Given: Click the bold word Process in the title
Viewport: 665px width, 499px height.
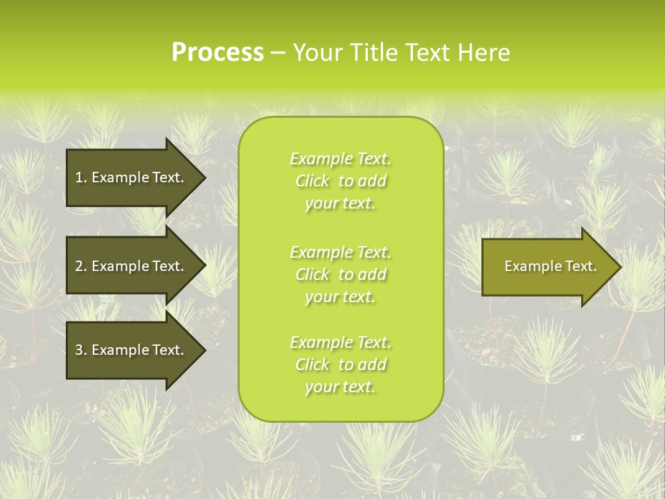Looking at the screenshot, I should pos(218,53).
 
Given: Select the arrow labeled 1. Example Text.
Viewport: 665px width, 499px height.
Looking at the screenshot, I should pos(132,177).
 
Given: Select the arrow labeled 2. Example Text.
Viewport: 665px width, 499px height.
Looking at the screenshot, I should pos(132,266).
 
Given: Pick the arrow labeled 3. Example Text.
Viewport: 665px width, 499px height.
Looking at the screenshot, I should pos(132,350).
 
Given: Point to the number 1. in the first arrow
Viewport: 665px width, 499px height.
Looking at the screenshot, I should pos(81,177).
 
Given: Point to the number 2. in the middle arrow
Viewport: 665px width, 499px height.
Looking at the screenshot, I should pos(81,266).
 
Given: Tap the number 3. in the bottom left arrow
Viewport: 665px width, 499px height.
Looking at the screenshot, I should pos(81,350).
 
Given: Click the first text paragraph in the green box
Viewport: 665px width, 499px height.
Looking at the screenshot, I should pos(340,181).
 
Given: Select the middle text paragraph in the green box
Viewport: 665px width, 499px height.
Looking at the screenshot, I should pos(340,274).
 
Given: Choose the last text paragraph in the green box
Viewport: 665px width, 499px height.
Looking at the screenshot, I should pos(340,365).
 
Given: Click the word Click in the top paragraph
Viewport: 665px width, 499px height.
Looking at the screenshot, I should pos(312,181).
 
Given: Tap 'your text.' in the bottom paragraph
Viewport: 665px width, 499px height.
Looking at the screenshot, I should pos(340,387).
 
